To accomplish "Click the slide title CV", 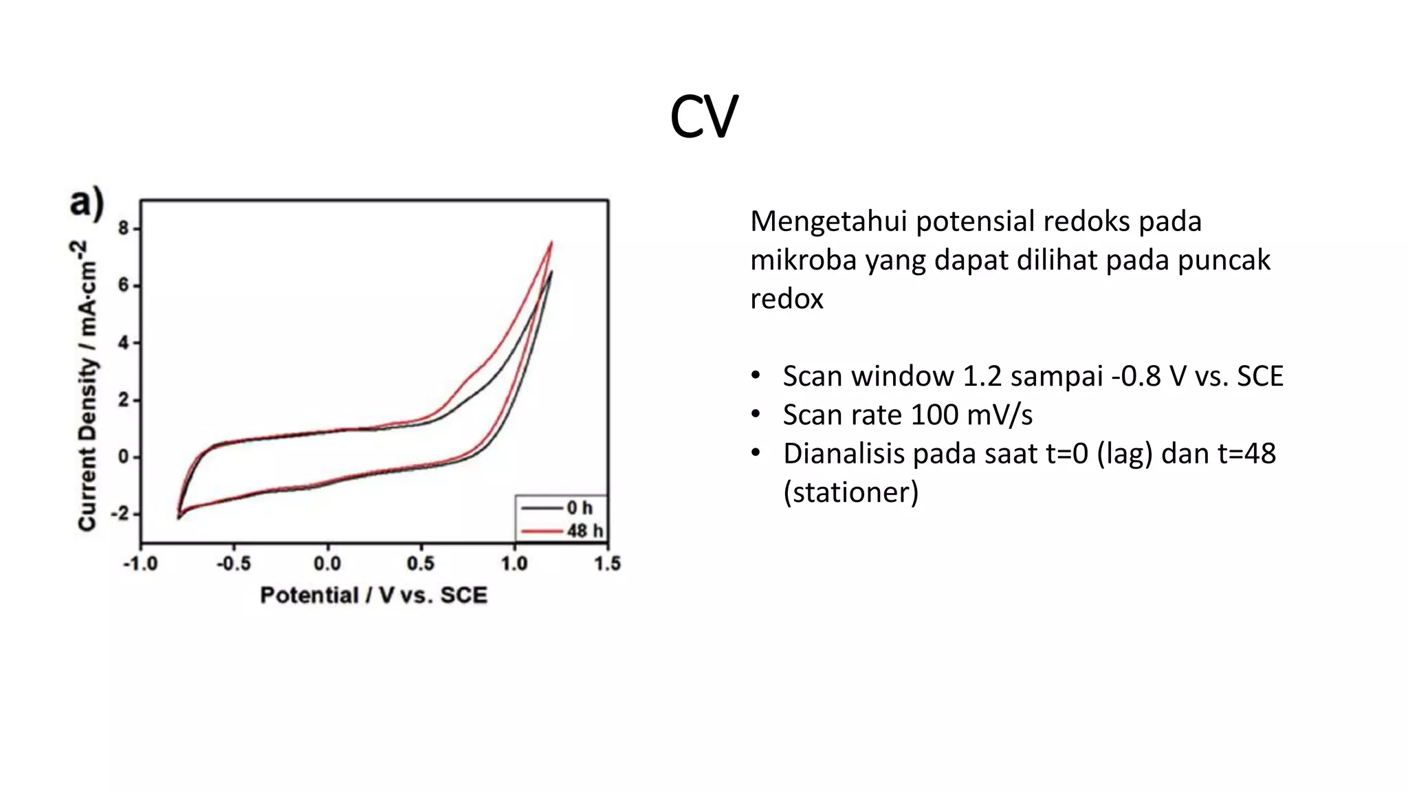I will tap(703, 117).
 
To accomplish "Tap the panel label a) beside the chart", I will tap(87, 203).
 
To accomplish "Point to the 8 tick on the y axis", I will tap(124, 228).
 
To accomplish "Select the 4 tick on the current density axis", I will tap(124, 342).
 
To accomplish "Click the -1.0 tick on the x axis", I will tap(140, 564).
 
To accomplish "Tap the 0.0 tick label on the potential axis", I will tap(327, 564).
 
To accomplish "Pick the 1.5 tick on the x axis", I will tap(607, 564).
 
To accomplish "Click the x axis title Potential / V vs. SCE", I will tap(373, 595).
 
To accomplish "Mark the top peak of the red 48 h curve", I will tap(551, 243).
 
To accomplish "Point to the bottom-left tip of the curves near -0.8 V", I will tap(179, 516).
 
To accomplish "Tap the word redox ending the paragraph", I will tap(786, 299).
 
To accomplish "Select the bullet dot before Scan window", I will tap(756, 376).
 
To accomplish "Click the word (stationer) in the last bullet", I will tap(850, 492).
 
